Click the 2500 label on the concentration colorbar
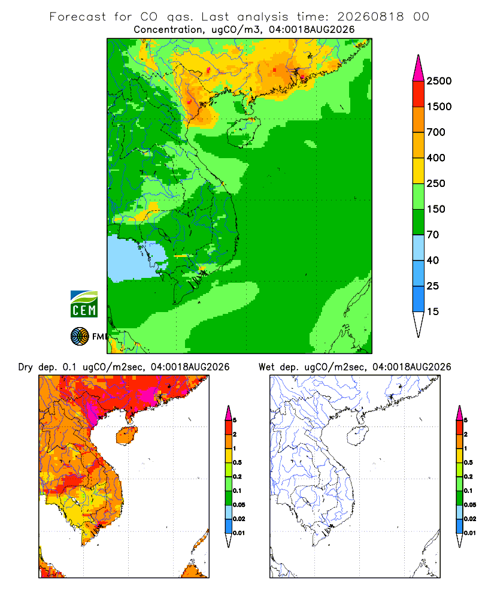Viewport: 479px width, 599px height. pos(439,81)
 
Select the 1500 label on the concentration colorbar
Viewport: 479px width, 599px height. pos(439,107)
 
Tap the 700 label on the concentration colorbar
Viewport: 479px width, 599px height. pos(436,132)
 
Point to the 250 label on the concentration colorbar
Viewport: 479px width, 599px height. pos(436,183)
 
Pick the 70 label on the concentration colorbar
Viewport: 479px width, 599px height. pos(433,235)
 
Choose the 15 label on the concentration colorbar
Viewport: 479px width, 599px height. pos(433,311)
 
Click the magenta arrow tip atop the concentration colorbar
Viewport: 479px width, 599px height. pos(419,68)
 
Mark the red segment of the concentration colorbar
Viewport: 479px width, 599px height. pos(419,93)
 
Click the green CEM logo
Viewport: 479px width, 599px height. pos(84,304)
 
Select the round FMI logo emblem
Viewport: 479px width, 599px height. pos(80,337)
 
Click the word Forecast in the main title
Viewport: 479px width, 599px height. pos(78,17)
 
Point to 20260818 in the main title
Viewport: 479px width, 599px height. pos(371,17)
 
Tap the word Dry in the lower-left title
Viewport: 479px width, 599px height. pos(26,367)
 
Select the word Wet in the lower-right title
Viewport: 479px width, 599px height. pos(266,367)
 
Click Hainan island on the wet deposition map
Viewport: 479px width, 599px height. pos(357,435)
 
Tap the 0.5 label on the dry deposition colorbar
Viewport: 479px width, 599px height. pos(237,462)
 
